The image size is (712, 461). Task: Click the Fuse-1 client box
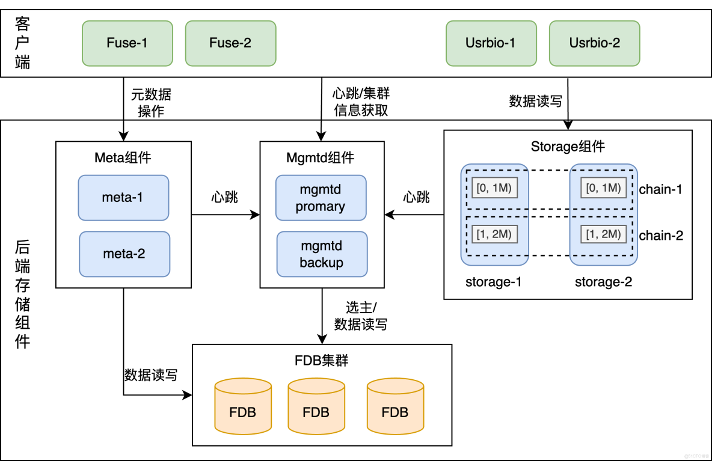point(127,43)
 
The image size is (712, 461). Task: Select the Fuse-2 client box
point(230,43)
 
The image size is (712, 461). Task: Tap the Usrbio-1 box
point(491,43)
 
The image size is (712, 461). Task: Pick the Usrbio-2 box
point(595,43)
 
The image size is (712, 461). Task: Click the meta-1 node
point(123,197)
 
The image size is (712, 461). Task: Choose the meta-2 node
point(124,254)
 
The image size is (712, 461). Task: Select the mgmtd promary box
point(321,198)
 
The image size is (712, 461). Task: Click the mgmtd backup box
point(321,254)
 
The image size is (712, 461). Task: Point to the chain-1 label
point(661,189)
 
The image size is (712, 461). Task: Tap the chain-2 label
point(661,236)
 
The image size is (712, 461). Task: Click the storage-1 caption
point(493,282)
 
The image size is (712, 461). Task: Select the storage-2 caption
point(603,282)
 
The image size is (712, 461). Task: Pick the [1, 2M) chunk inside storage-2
point(603,234)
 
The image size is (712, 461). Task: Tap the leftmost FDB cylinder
point(242,406)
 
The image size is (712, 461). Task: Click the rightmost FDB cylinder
point(395,406)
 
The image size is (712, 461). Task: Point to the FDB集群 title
point(322,361)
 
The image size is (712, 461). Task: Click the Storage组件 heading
point(568,147)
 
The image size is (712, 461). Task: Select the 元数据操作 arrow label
point(151,103)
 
